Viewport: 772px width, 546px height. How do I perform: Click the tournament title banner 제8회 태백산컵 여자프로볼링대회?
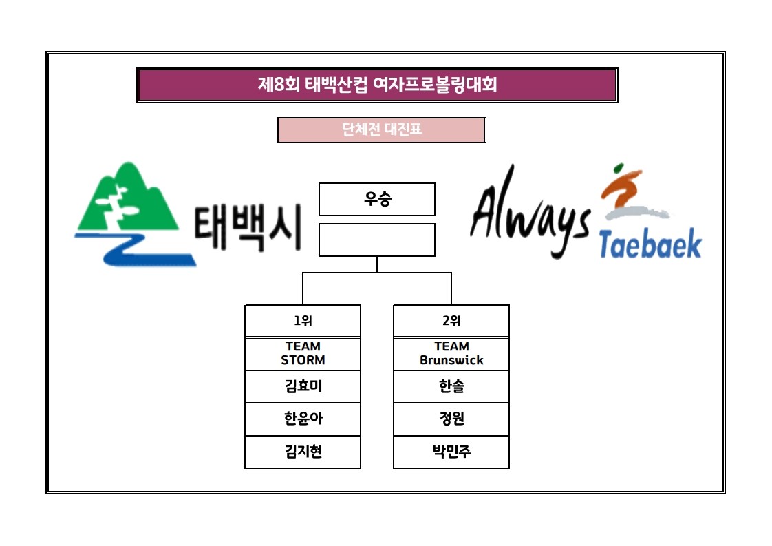pyautogui.click(x=377, y=85)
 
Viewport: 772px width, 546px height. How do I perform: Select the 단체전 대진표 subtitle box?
pyautogui.click(x=381, y=129)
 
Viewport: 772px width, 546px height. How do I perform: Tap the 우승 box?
pyautogui.click(x=377, y=199)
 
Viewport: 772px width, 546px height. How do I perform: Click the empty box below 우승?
pyautogui.click(x=377, y=240)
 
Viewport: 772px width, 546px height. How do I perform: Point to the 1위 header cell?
pyautogui.click(x=303, y=321)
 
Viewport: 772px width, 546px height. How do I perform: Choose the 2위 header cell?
pyautogui.click(x=451, y=321)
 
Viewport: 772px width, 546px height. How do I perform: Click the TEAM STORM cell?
pyautogui.click(x=303, y=353)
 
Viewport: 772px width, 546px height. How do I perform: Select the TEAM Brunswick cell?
pyautogui.click(x=451, y=353)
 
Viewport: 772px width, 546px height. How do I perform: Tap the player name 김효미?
pyautogui.click(x=303, y=387)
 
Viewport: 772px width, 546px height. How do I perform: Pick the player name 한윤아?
pyautogui.click(x=303, y=419)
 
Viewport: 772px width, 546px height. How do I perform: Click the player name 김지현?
pyautogui.click(x=303, y=452)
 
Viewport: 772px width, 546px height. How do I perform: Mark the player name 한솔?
pyautogui.click(x=451, y=387)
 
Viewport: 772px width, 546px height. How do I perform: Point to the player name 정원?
pyautogui.click(x=451, y=419)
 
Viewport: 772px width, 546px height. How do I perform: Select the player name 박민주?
pyautogui.click(x=451, y=452)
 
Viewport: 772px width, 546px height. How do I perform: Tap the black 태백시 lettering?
pyautogui.click(x=248, y=229)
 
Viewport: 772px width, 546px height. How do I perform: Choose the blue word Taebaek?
pyautogui.click(x=650, y=244)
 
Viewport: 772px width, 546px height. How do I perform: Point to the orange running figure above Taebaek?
pyautogui.click(x=623, y=186)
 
